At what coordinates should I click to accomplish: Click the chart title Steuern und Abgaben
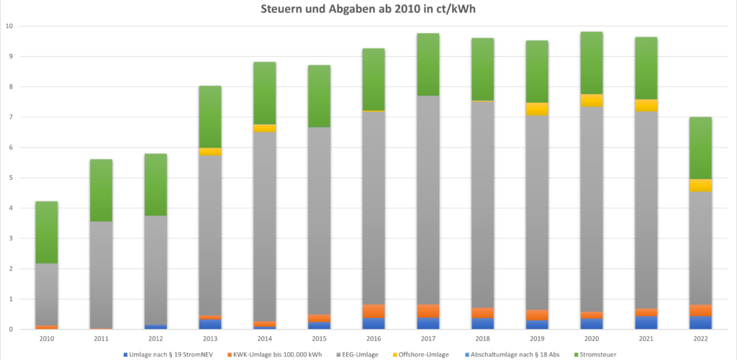click(x=368, y=10)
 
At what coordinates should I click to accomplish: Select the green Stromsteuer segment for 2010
click(x=47, y=233)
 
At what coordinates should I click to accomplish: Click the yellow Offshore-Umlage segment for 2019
click(x=536, y=109)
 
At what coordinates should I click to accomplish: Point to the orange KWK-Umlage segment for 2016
click(x=374, y=311)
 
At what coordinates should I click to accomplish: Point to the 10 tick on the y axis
click(x=9, y=26)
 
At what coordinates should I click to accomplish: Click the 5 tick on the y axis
click(x=10, y=178)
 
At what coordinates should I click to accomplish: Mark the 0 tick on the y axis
click(x=10, y=330)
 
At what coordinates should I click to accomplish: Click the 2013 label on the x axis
click(x=210, y=338)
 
